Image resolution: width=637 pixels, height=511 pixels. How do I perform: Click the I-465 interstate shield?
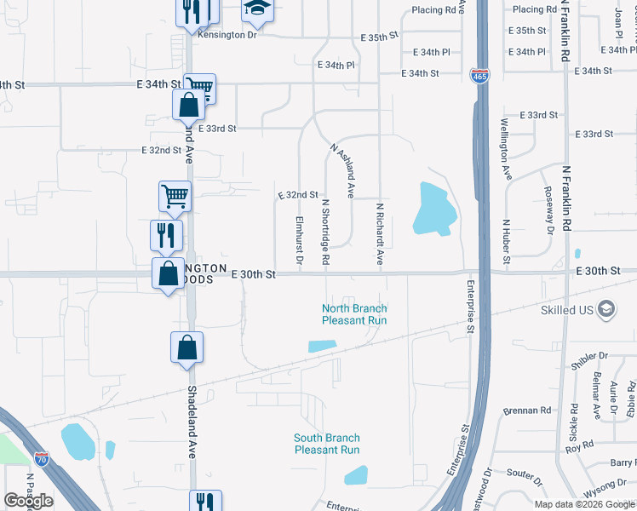pos(479,77)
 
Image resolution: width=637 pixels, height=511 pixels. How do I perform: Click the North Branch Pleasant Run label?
pos(354,314)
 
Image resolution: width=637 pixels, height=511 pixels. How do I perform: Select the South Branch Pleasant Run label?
pos(326,444)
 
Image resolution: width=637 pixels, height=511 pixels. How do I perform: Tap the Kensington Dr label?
pos(227,35)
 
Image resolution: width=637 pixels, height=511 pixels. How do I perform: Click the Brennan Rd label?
pos(527,410)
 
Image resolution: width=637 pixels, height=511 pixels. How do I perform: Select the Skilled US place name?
pos(566,310)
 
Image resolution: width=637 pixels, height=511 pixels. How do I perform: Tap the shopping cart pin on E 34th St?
pos(199,87)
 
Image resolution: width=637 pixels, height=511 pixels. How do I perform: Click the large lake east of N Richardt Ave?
pos(432,209)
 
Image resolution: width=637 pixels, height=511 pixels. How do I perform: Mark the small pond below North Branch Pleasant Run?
pos(320,346)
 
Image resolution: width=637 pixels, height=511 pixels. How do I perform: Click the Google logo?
pos(27,501)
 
